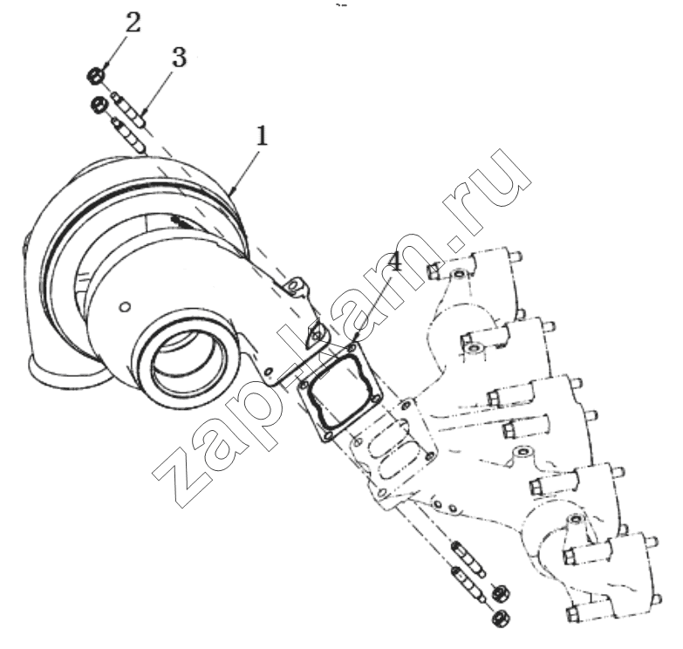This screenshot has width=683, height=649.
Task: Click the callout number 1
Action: coord(262,135)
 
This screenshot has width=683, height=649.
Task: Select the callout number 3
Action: coord(179,58)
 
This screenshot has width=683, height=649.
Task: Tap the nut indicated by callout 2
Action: coord(96,75)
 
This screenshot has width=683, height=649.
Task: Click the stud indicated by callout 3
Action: coord(129,109)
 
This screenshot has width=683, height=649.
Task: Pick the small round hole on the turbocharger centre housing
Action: coord(125,307)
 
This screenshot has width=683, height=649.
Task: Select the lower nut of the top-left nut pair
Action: coord(99,104)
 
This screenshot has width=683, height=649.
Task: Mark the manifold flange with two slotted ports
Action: coord(394,452)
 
